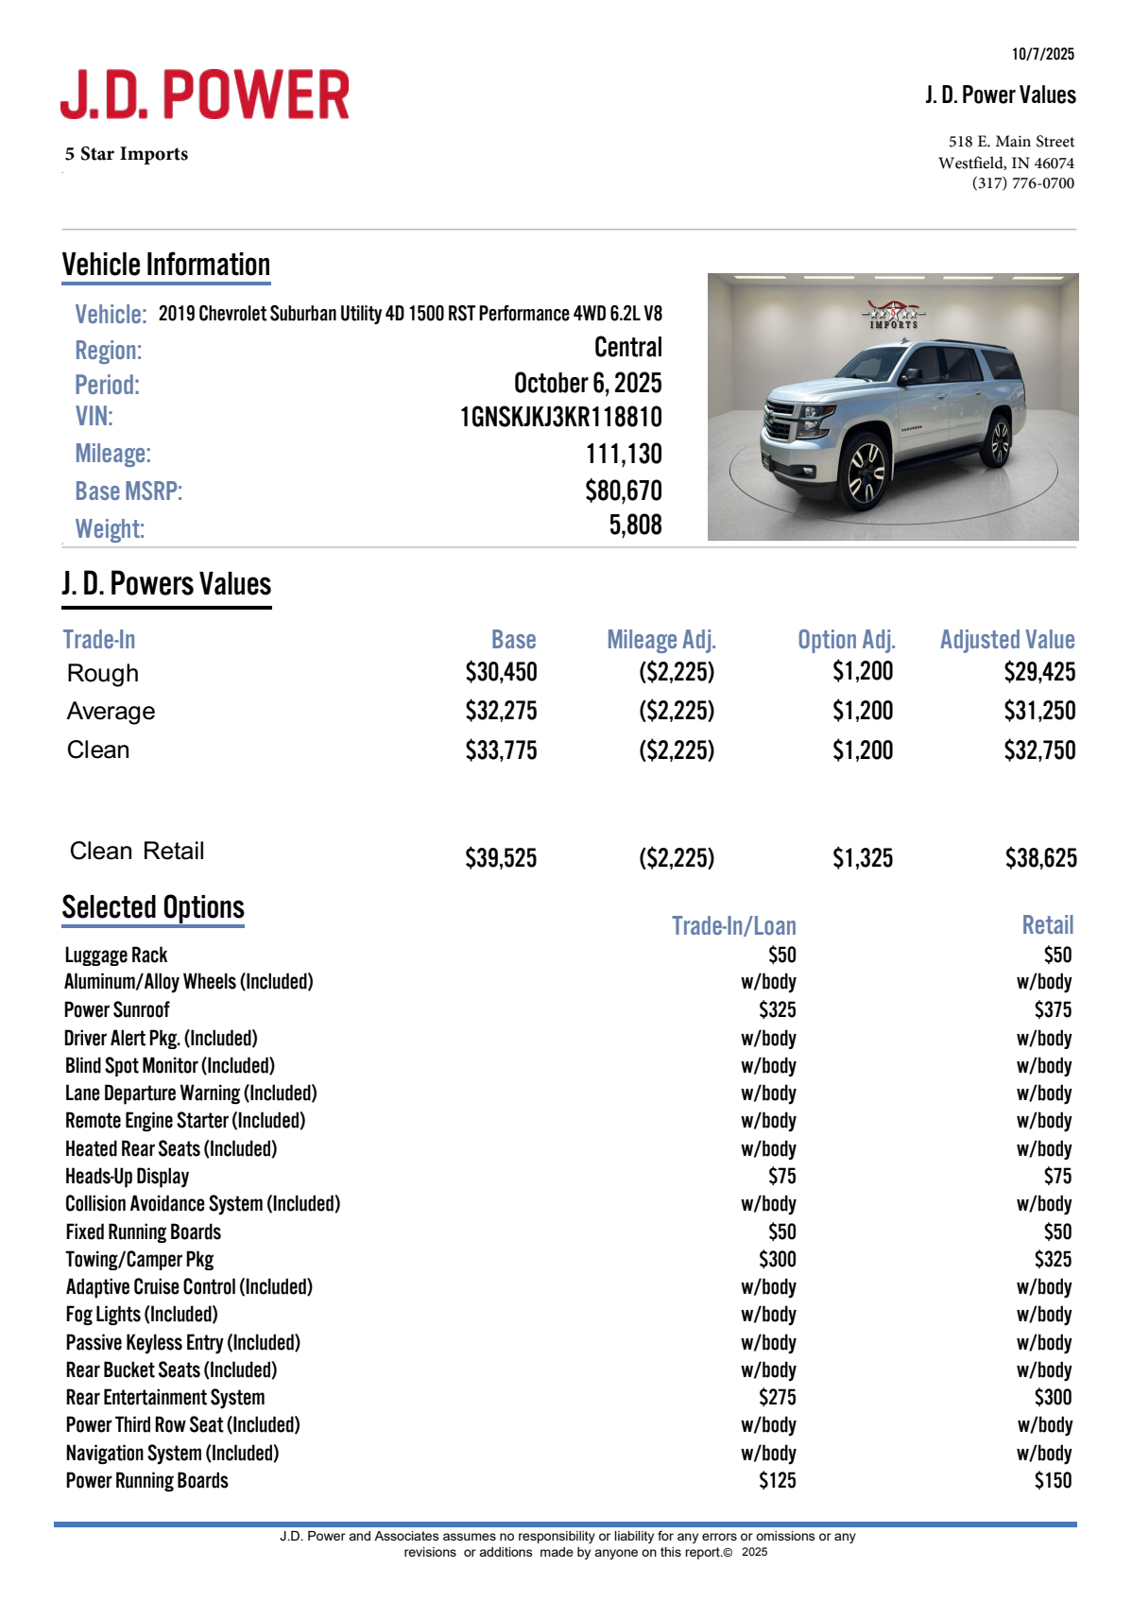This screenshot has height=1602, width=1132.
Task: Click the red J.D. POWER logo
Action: (x=205, y=95)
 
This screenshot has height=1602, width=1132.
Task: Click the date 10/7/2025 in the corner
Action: (x=1042, y=54)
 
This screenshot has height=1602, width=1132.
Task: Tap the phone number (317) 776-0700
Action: (x=1022, y=183)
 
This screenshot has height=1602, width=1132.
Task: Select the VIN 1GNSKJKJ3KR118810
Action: (x=560, y=418)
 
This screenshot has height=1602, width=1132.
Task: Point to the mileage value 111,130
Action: (x=624, y=455)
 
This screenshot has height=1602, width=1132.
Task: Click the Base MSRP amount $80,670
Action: (x=623, y=491)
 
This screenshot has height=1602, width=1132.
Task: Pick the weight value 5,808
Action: (x=635, y=525)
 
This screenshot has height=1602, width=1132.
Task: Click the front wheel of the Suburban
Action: (x=866, y=471)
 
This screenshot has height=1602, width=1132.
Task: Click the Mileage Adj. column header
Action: (x=660, y=640)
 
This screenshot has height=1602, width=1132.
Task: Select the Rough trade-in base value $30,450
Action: (x=501, y=672)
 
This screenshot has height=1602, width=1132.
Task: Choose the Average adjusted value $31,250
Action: (x=1039, y=711)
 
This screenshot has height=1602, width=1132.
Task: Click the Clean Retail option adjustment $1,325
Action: (x=862, y=858)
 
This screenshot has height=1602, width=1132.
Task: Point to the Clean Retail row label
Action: (x=137, y=852)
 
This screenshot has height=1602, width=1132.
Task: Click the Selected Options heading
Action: (x=153, y=907)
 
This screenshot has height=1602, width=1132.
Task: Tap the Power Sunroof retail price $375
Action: (x=1053, y=1010)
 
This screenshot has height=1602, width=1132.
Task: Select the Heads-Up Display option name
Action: (x=128, y=1177)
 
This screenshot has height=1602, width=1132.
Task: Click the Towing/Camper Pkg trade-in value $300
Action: (x=777, y=1260)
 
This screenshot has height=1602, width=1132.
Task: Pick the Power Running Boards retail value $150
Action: (x=1053, y=1481)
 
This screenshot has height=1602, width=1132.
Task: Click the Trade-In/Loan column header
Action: (x=733, y=926)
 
